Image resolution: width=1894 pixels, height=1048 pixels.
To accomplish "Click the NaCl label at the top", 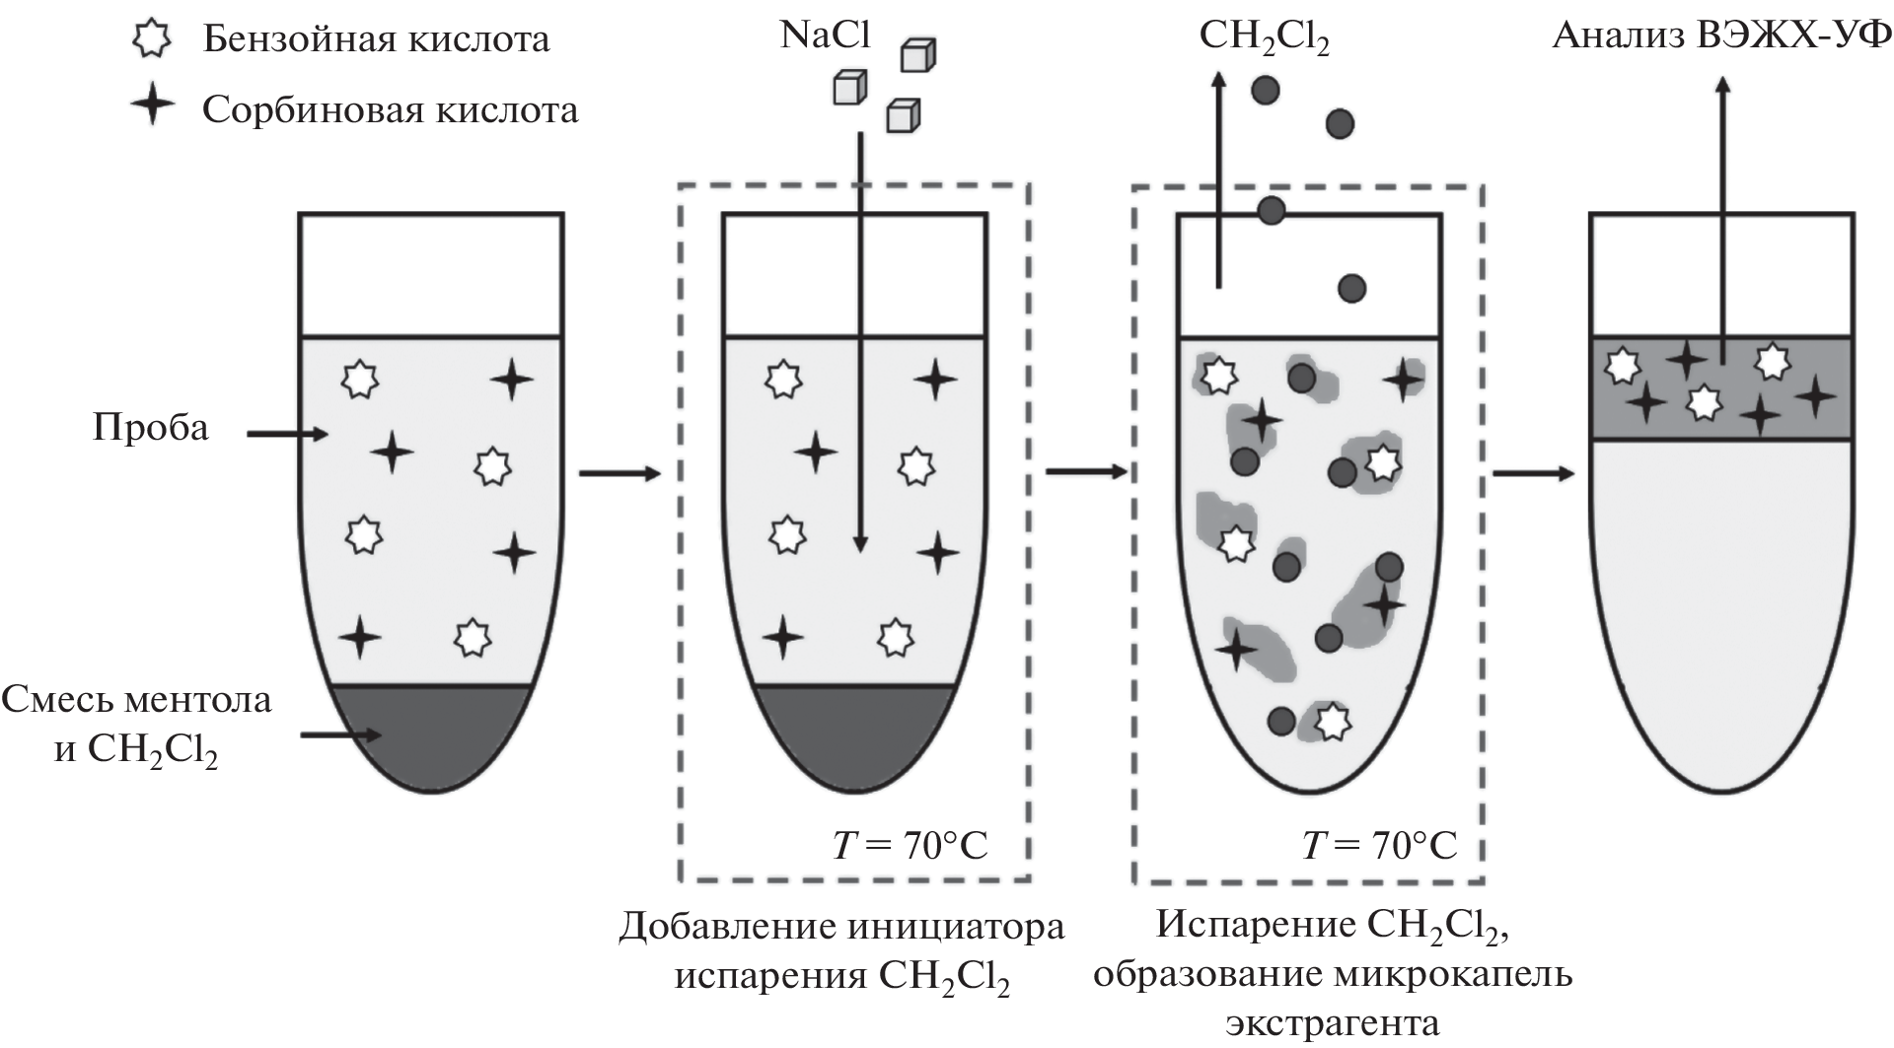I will [826, 35].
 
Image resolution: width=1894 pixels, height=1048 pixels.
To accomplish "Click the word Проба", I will [151, 429].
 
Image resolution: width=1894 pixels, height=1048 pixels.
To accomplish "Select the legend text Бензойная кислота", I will [376, 39].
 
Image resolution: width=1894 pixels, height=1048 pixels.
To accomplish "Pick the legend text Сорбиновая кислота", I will [390, 109].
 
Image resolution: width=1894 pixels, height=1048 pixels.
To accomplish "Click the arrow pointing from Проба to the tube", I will [286, 433].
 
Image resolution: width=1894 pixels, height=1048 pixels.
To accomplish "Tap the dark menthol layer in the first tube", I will [432, 734].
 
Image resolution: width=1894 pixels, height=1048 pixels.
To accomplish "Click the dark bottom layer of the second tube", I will [854, 734].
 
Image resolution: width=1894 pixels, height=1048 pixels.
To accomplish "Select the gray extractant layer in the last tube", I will [1721, 387].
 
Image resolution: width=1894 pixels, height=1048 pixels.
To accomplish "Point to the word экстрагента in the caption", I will [1333, 1022].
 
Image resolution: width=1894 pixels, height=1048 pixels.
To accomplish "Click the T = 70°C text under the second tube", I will [910, 845].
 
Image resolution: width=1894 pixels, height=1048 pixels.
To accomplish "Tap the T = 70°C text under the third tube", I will [1379, 845].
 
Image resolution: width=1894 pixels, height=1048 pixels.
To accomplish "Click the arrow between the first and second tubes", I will [619, 474].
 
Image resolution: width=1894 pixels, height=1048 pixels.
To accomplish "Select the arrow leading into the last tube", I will [1532, 474].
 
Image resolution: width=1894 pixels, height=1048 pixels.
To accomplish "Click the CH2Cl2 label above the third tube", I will [1264, 37].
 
